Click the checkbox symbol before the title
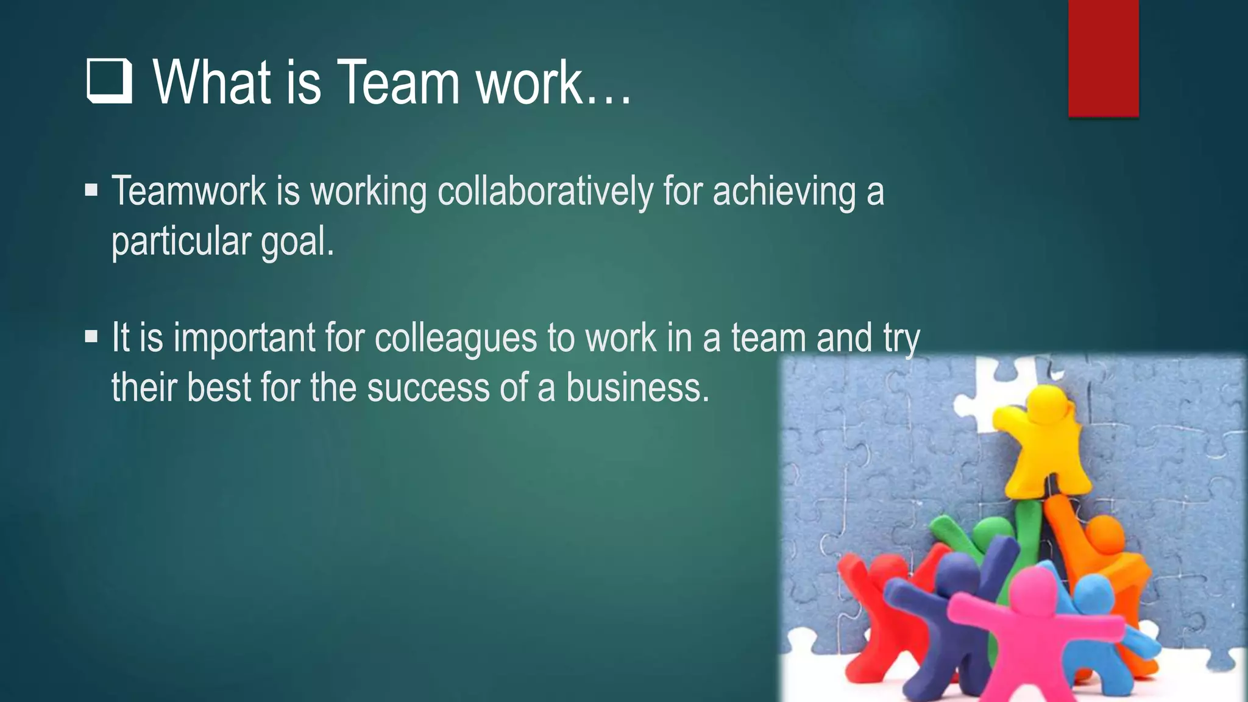click(110, 81)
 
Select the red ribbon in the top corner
click(1103, 58)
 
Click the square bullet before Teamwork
click(91, 190)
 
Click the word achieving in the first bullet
click(784, 191)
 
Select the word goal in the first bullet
click(297, 241)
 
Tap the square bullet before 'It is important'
click(91, 336)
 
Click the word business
click(637, 388)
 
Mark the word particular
click(181, 241)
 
